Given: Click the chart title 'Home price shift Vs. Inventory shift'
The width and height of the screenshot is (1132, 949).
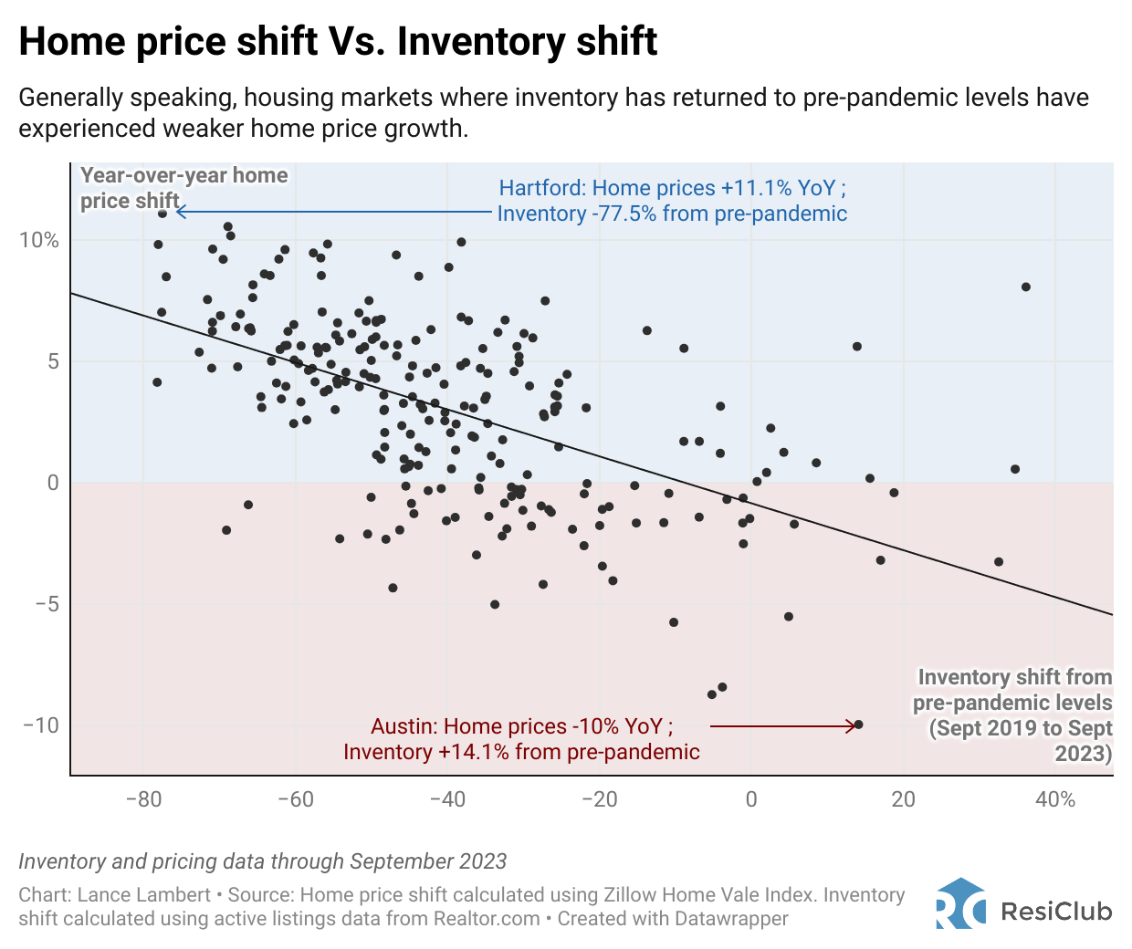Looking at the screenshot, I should click(338, 42).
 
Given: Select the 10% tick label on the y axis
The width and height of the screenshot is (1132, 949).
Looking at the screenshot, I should click(39, 240).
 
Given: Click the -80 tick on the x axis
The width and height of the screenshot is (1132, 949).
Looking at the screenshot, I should click(143, 800).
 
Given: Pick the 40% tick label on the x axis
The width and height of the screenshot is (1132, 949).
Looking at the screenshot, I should click(1054, 800).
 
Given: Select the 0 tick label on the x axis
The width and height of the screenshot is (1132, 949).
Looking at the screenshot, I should click(751, 800).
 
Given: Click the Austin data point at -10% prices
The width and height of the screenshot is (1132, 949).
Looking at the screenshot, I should click(858, 725).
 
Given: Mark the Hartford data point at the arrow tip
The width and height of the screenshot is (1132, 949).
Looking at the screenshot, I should click(162, 214).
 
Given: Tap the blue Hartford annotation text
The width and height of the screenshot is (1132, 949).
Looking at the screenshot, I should click(672, 201).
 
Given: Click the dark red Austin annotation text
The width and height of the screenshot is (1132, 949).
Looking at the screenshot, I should click(521, 739).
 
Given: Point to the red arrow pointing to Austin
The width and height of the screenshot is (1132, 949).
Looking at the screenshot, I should click(781, 726).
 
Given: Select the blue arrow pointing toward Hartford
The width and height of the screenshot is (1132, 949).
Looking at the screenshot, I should click(333, 212).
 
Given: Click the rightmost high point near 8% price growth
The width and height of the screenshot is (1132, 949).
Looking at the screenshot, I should click(1025, 287).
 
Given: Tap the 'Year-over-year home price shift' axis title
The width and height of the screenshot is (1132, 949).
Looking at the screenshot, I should click(183, 188).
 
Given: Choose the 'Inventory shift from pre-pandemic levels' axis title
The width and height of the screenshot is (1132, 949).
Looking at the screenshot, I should click(1013, 714).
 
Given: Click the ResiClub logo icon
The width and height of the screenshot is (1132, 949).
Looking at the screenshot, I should click(960, 904).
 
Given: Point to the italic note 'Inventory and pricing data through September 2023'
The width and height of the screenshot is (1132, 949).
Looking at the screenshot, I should click(263, 861).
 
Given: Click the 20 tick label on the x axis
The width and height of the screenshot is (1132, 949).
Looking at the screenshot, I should click(903, 800).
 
